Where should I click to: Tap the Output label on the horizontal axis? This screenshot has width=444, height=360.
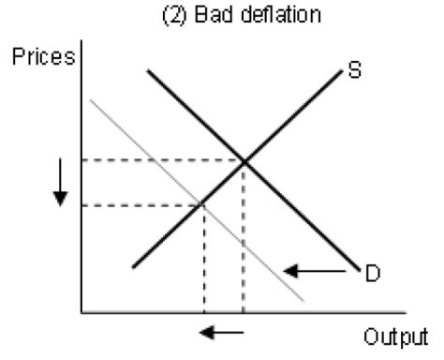click(x=393, y=336)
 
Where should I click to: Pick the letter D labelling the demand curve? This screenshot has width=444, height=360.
click(x=371, y=273)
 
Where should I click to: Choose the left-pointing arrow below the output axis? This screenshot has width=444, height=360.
click(x=223, y=331)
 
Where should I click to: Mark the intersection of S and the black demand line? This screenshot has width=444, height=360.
click(x=244, y=161)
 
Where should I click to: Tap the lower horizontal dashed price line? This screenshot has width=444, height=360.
click(x=141, y=204)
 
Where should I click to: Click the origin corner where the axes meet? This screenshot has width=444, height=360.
click(x=82, y=310)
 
